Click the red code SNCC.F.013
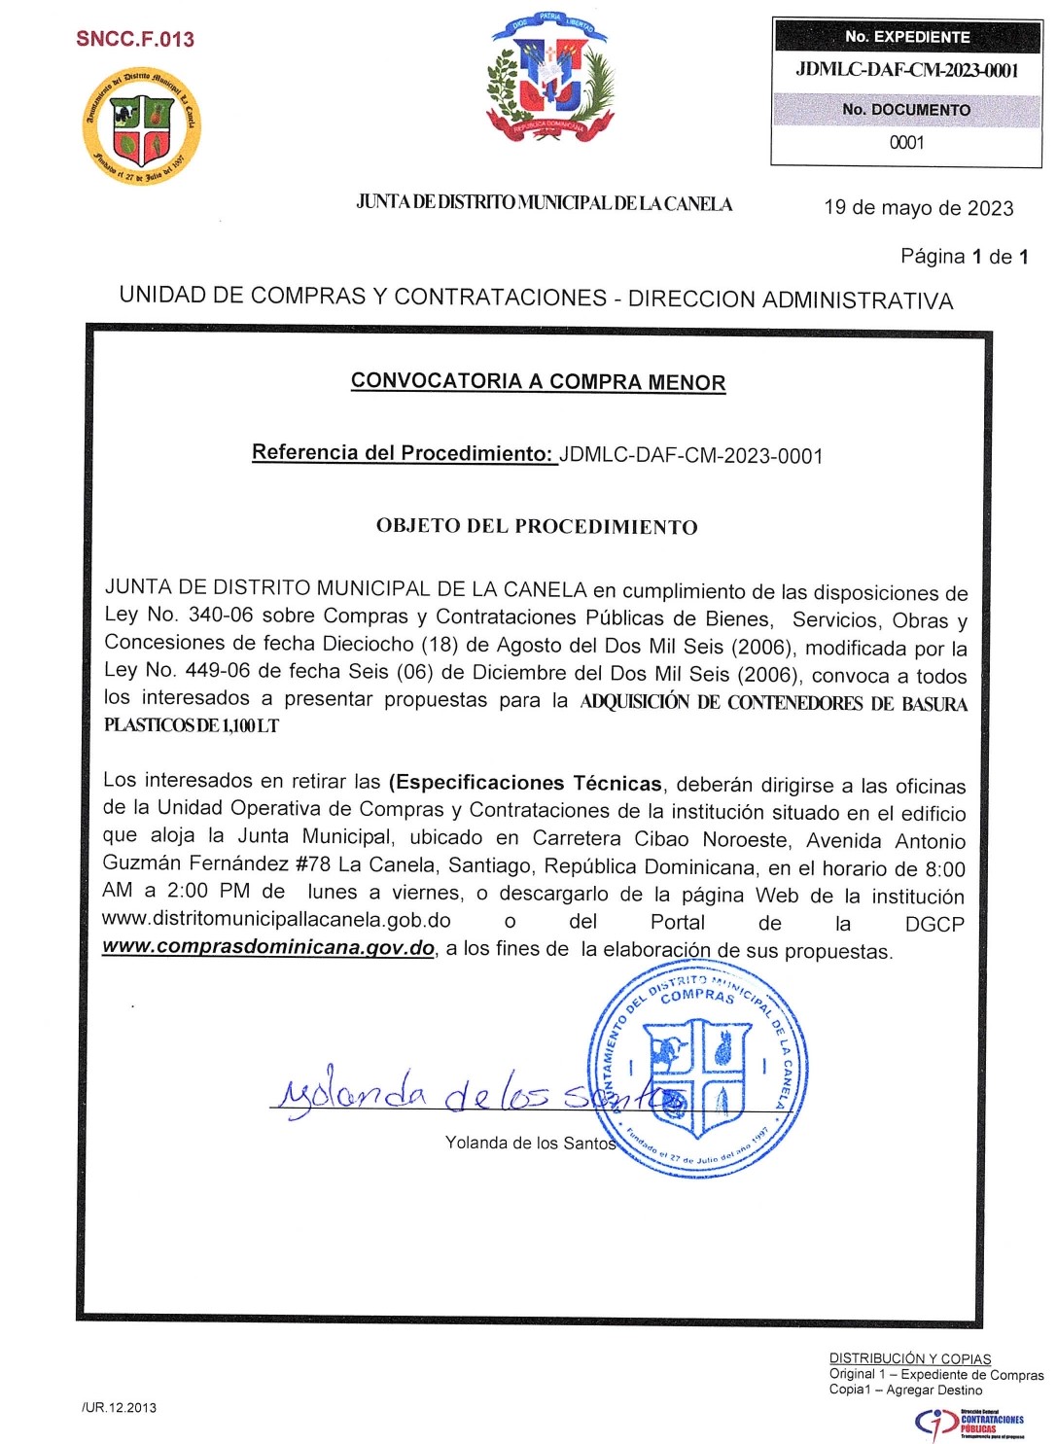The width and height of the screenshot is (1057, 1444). click(x=135, y=39)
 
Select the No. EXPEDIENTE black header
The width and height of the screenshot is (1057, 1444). click(x=906, y=37)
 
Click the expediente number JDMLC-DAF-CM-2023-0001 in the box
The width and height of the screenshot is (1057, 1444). click(x=906, y=70)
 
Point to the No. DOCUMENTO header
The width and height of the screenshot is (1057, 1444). click(x=906, y=110)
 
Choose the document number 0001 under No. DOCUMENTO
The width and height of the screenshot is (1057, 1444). click(x=906, y=142)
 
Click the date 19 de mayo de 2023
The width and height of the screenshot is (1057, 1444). click(x=918, y=208)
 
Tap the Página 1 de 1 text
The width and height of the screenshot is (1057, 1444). click(x=964, y=257)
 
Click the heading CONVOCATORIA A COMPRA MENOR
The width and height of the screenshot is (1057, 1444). click(x=538, y=381)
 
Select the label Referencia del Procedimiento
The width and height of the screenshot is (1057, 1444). click(x=403, y=453)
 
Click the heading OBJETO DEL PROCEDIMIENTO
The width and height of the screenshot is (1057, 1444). click(x=537, y=526)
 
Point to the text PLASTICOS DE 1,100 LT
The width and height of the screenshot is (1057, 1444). click(x=192, y=725)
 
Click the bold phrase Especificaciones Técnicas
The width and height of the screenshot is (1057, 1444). click(x=526, y=784)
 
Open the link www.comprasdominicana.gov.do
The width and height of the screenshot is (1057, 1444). click(x=268, y=947)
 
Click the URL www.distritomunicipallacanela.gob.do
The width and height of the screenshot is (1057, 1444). click(x=276, y=920)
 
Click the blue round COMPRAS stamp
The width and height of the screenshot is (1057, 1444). click(x=698, y=1070)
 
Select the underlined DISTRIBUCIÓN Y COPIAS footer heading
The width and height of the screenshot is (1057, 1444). click(x=909, y=1358)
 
